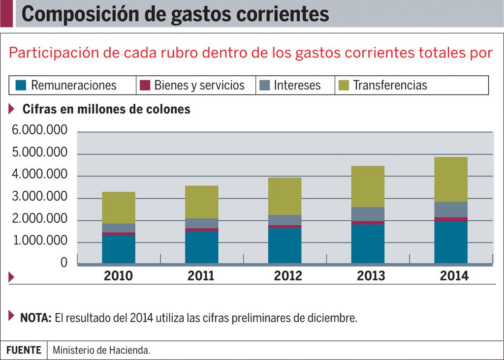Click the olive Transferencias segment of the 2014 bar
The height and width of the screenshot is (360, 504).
coord(451,180)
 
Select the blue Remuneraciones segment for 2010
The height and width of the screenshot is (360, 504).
coord(119,249)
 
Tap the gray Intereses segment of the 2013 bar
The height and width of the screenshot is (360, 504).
coord(368,214)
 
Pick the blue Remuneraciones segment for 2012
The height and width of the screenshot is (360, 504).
coord(285,246)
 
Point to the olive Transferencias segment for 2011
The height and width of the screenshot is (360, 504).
coord(202,202)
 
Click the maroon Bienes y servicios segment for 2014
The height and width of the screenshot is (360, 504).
coord(451,219)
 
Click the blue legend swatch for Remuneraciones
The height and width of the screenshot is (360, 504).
coord(21,85)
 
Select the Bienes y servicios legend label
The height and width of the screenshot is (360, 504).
coord(199,85)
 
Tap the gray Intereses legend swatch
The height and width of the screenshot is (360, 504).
coord(265,85)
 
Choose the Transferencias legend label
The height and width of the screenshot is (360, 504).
coord(390,85)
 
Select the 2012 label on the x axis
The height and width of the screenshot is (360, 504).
coord(288,275)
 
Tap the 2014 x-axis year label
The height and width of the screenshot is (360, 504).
coord(454,275)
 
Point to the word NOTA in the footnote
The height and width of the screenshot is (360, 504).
coord(35,318)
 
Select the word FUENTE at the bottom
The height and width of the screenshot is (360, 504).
coord(24,350)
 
